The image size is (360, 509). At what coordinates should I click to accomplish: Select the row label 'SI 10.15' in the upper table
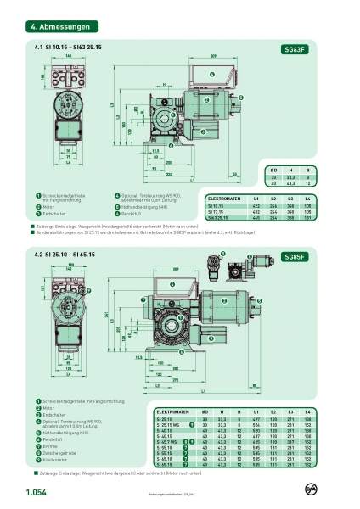tap(216, 204)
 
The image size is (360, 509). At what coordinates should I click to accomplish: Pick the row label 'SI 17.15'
tap(216, 211)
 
